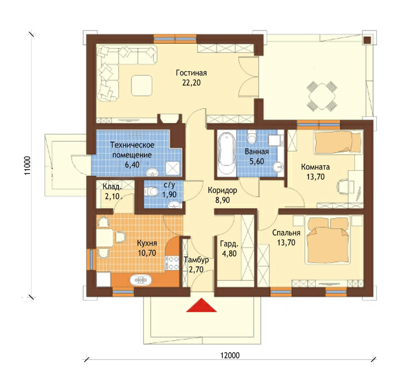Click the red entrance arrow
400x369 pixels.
(x=202, y=305)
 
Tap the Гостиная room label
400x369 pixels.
(x=191, y=73)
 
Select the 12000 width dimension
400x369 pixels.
(x=230, y=355)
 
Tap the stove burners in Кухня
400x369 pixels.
(x=173, y=263)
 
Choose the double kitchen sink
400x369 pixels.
(x=141, y=280)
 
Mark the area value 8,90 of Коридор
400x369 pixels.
(x=222, y=200)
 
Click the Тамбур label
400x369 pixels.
(x=196, y=260)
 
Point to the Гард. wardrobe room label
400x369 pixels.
(x=229, y=244)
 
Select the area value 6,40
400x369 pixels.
(x=132, y=165)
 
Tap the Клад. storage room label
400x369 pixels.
(x=112, y=187)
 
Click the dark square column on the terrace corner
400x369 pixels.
(x=367, y=40)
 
